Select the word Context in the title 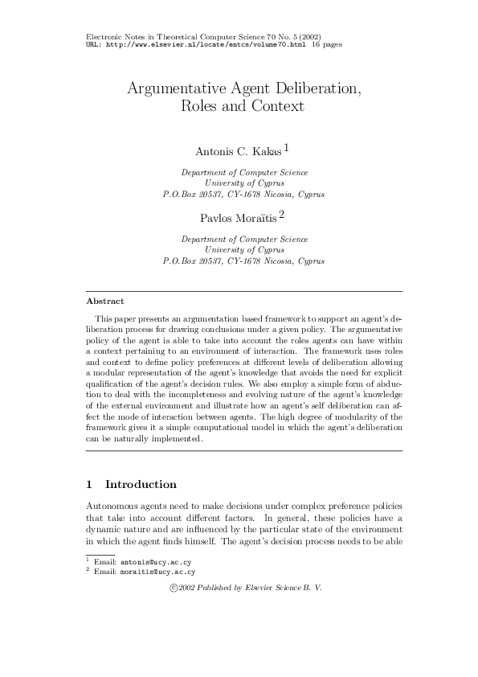pos(276,106)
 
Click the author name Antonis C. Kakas pos(237,151)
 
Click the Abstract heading pos(104,302)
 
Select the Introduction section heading pos(141,485)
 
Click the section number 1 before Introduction pos(89,485)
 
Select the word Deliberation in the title pos(307,88)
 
